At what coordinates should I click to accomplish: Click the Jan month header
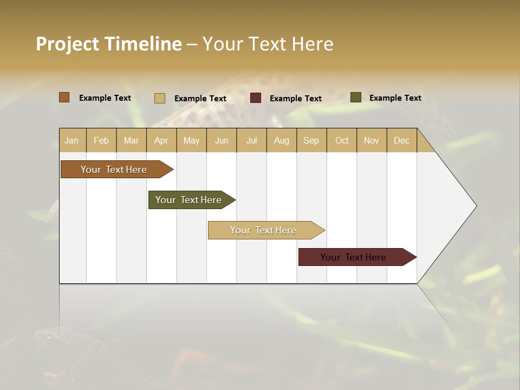click(71, 140)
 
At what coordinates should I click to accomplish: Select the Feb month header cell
click(101, 140)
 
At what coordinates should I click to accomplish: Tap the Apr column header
click(161, 140)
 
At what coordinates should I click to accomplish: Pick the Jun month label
click(222, 140)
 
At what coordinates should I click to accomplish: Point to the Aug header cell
click(281, 140)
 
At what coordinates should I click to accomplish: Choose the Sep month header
click(311, 140)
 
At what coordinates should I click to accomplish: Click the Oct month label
click(342, 140)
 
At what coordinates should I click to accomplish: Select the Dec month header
click(401, 140)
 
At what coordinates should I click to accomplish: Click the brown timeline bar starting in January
click(114, 170)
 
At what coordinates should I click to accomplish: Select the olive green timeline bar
click(188, 200)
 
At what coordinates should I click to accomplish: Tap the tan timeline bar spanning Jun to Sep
click(263, 230)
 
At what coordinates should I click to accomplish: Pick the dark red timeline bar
click(353, 257)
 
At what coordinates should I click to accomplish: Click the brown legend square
click(64, 97)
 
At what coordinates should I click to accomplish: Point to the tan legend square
click(160, 98)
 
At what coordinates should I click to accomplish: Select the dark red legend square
click(256, 98)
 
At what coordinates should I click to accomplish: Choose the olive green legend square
click(356, 97)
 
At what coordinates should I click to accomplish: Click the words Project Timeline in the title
click(108, 44)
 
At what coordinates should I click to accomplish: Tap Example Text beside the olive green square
click(395, 97)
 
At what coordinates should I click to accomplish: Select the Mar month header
click(131, 140)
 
